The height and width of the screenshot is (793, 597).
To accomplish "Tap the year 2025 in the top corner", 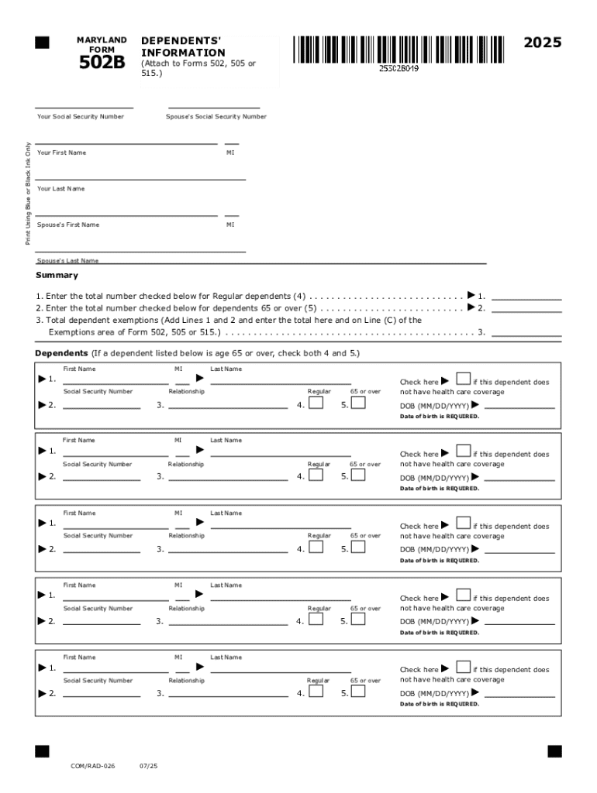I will tap(542, 43).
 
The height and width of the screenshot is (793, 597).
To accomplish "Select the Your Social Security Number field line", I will tap(84, 108).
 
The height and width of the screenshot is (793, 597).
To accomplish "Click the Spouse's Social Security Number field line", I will tap(214, 108).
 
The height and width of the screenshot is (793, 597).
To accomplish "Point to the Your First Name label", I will tap(62, 153).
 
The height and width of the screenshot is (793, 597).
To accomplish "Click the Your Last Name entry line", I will tap(140, 179).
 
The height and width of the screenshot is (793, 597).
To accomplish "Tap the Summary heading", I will tap(57, 276).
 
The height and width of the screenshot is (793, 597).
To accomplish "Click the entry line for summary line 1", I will tap(526, 298).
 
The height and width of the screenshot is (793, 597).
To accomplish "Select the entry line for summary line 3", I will tap(526, 335).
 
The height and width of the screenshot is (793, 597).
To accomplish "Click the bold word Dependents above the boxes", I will tap(61, 353).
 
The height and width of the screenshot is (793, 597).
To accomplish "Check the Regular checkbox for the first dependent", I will tap(316, 403).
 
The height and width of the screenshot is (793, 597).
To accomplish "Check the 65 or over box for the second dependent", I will tap(357, 475).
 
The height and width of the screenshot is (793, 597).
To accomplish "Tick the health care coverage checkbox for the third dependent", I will tap(463, 524).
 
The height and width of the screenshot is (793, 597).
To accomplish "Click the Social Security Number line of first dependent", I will tap(102, 407).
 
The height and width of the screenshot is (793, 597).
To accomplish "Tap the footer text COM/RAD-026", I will tap(93, 766).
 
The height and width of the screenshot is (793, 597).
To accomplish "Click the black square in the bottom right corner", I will tap(554, 751).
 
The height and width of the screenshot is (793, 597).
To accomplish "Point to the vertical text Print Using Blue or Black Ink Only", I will tap(29, 194).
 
